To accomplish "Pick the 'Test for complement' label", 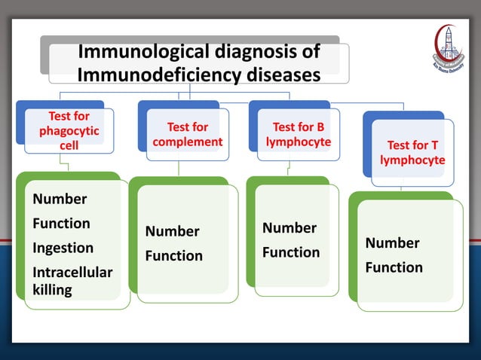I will [187, 134].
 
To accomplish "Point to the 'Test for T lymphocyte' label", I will [412, 152].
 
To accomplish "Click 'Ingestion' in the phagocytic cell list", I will [63, 248].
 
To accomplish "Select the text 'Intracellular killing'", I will [72, 280].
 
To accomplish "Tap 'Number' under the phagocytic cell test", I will [60, 200].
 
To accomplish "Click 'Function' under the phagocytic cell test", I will [61, 224].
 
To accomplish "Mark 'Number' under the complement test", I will [172, 231].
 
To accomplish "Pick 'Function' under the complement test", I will [173, 256].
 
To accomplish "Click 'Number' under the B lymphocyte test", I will [289, 227].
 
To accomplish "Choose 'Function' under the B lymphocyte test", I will [290, 252].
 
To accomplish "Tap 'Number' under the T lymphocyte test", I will [392, 243].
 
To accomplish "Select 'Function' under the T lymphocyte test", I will [394, 267].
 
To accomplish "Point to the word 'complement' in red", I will [187, 142].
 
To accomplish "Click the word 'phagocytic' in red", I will [69, 131].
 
